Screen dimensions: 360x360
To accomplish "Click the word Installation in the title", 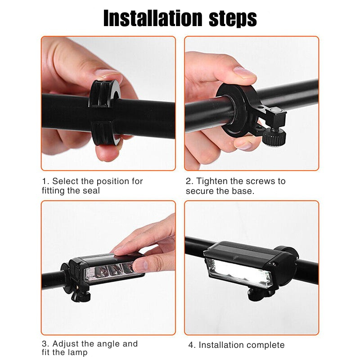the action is (153, 18).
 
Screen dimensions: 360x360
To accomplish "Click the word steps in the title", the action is (233, 19).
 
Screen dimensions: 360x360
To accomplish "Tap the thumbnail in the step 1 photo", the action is (108, 72).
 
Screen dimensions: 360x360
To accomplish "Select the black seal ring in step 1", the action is (104, 112).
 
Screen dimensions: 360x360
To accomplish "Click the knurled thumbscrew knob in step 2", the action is (274, 137).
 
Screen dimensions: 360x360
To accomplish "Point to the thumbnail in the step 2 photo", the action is (244, 72).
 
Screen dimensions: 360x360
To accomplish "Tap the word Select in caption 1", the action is (65, 181).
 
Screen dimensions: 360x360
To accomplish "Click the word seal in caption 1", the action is (91, 191).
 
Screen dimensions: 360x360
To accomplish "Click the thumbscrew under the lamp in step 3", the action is (81, 297).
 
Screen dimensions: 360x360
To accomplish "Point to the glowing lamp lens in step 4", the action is (238, 273).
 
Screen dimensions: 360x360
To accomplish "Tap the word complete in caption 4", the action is (262, 345).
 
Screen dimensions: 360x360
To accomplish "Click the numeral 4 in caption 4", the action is (191, 345).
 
